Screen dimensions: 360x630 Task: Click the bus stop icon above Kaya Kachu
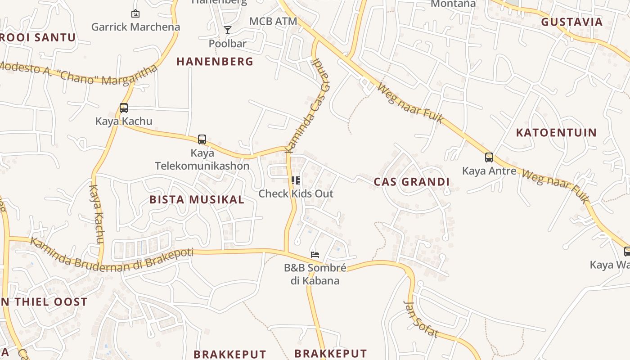pyautogui.click(x=124, y=108)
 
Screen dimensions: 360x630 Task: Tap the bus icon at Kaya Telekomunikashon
pyautogui.click(x=202, y=139)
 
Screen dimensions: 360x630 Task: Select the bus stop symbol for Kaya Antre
pyautogui.click(x=489, y=157)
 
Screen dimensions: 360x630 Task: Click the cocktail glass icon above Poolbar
pyautogui.click(x=228, y=30)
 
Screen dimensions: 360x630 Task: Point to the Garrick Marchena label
pyautogui.click(x=135, y=27)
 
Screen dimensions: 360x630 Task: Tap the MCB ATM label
pyautogui.click(x=273, y=21)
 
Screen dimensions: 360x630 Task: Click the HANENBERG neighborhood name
pyautogui.click(x=215, y=61)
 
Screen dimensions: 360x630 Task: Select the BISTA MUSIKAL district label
pyautogui.click(x=197, y=199)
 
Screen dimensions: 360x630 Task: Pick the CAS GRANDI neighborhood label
pyautogui.click(x=412, y=182)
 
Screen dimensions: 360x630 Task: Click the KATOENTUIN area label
pyautogui.click(x=556, y=133)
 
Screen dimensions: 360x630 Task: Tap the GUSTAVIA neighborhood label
pyautogui.click(x=571, y=22)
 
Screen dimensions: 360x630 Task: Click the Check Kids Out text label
pyautogui.click(x=296, y=194)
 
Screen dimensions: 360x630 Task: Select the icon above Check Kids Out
pyautogui.click(x=296, y=181)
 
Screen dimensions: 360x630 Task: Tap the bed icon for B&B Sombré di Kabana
pyautogui.click(x=315, y=255)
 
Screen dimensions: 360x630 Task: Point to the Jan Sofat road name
pyautogui.click(x=421, y=319)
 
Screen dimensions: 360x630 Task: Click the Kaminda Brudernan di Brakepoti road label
pyautogui.click(x=112, y=255)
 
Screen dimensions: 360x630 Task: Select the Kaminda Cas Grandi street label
pyautogui.click(x=307, y=104)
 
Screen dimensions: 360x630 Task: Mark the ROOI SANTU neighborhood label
pyautogui.click(x=38, y=37)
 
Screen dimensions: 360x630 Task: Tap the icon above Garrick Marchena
pyautogui.click(x=135, y=14)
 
